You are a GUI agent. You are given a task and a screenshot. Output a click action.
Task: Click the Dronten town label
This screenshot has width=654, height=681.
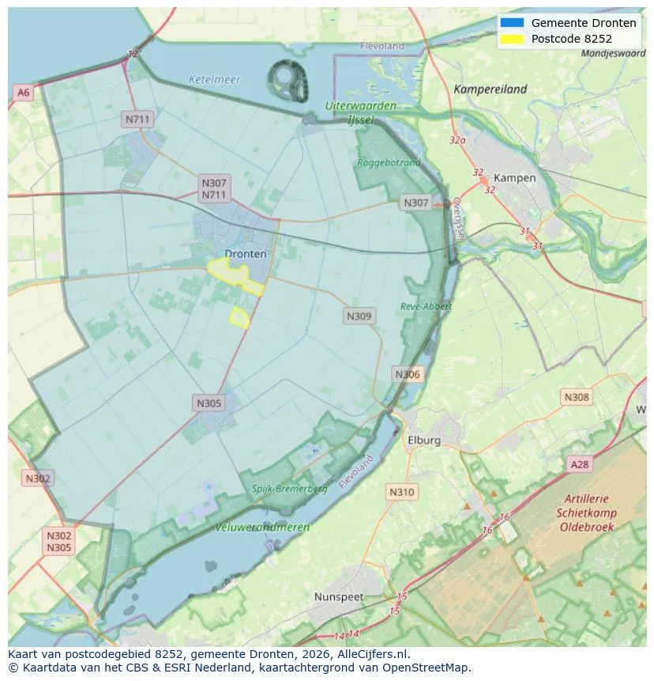coord(246,254)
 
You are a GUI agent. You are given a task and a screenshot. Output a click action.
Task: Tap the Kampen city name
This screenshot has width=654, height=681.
coord(514,178)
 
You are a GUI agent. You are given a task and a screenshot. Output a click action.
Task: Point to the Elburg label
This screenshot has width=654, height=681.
coord(424,441)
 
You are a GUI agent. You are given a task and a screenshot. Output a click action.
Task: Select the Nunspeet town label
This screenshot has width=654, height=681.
coord(339,596)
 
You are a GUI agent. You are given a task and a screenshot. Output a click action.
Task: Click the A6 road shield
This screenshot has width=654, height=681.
coord(23,93)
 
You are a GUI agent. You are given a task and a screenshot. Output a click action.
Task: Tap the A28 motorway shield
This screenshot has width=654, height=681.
coord(579,464)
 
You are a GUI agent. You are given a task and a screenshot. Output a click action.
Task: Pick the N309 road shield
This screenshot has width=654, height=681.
coord(359,316)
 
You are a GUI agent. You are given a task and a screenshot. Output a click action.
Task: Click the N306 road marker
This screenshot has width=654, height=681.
coord(408,374)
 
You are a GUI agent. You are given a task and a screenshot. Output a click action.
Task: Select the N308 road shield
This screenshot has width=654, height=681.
coord(576,397)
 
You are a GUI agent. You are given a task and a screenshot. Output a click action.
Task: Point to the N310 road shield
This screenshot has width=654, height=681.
coord(401,492)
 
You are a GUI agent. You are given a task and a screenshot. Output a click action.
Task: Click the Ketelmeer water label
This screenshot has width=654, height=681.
coord(214,80)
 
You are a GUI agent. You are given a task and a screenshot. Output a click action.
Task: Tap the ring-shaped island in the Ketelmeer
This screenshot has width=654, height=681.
coord(288,80)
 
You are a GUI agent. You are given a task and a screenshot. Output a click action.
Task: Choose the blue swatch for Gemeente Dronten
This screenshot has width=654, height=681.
coord(512,23)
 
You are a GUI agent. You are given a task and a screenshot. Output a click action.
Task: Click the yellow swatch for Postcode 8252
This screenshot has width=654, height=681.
coord(512,39)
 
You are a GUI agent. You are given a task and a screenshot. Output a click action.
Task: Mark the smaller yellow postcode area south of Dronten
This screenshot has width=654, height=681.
coord(239,318)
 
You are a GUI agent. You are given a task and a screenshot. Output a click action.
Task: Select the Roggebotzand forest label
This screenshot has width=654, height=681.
coord(389,162)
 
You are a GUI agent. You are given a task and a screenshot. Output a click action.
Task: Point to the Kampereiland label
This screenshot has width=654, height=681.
coord(490,89)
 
